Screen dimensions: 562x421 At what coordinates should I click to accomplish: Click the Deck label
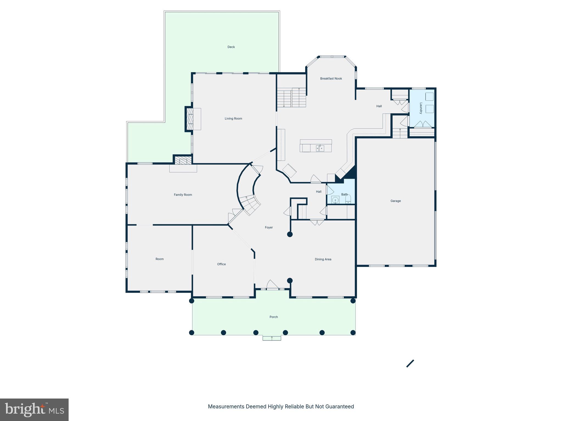(x=231, y=47)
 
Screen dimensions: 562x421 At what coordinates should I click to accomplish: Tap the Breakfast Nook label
(x=331, y=78)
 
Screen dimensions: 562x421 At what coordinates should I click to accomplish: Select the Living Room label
(x=233, y=118)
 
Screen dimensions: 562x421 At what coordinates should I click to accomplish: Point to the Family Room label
(x=183, y=195)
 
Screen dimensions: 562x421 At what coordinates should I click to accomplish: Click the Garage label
(x=395, y=201)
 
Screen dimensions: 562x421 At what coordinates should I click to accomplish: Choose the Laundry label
(x=421, y=108)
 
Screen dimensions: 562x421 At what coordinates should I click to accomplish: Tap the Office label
(x=221, y=264)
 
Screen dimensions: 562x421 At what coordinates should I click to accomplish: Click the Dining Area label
(x=323, y=259)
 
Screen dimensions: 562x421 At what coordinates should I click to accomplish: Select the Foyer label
(x=269, y=227)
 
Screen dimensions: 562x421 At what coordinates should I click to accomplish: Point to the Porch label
(x=274, y=317)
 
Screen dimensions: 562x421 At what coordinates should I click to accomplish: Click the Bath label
(x=344, y=195)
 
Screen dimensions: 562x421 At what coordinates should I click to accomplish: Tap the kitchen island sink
(x=320, y=148)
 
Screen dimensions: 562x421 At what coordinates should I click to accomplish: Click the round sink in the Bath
(x=335, y=200)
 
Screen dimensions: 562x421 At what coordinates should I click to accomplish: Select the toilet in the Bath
(x=348, y=199)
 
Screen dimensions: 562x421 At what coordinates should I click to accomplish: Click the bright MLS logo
(x=34, y=410)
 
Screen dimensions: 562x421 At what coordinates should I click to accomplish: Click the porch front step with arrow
(x=272, y=338)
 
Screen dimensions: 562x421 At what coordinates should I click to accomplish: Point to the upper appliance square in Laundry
(x=429, y=97)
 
